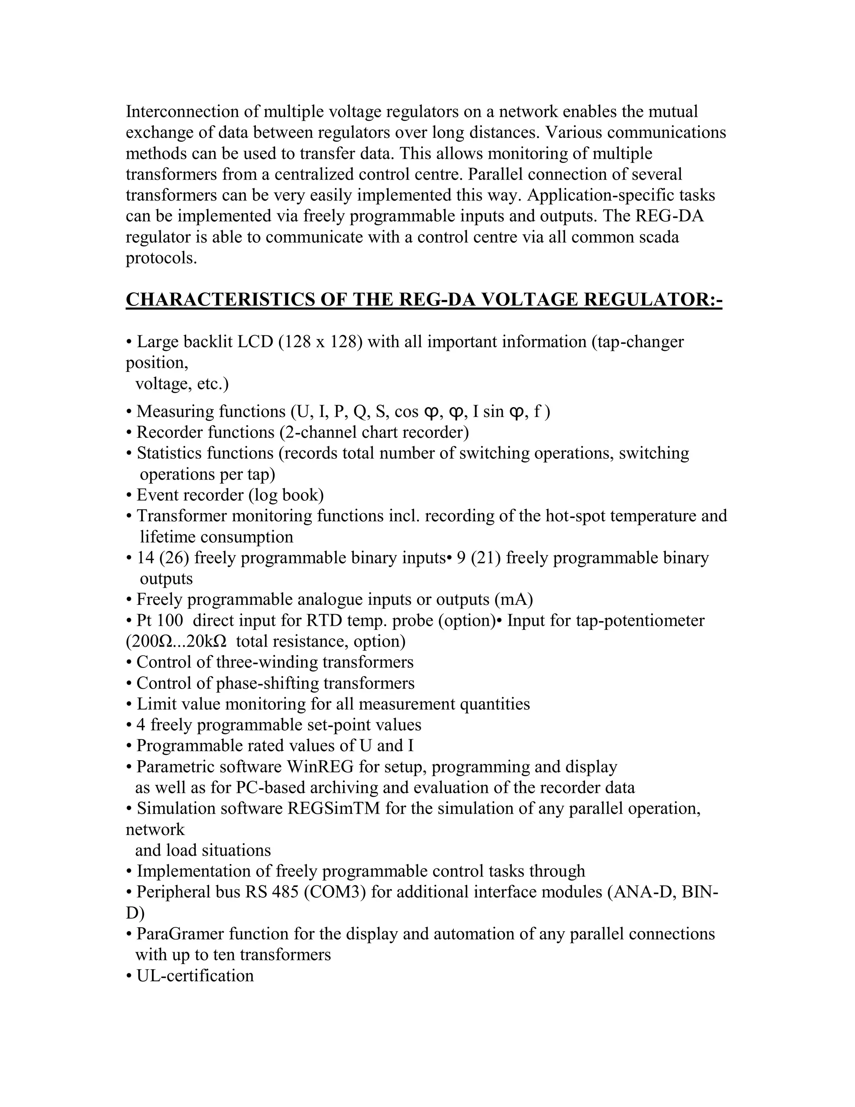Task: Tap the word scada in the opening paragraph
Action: pos(658,237)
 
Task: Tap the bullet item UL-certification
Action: pos(195,976)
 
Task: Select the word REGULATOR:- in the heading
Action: pos(653,300)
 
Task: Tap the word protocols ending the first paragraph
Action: pos(161,259)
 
